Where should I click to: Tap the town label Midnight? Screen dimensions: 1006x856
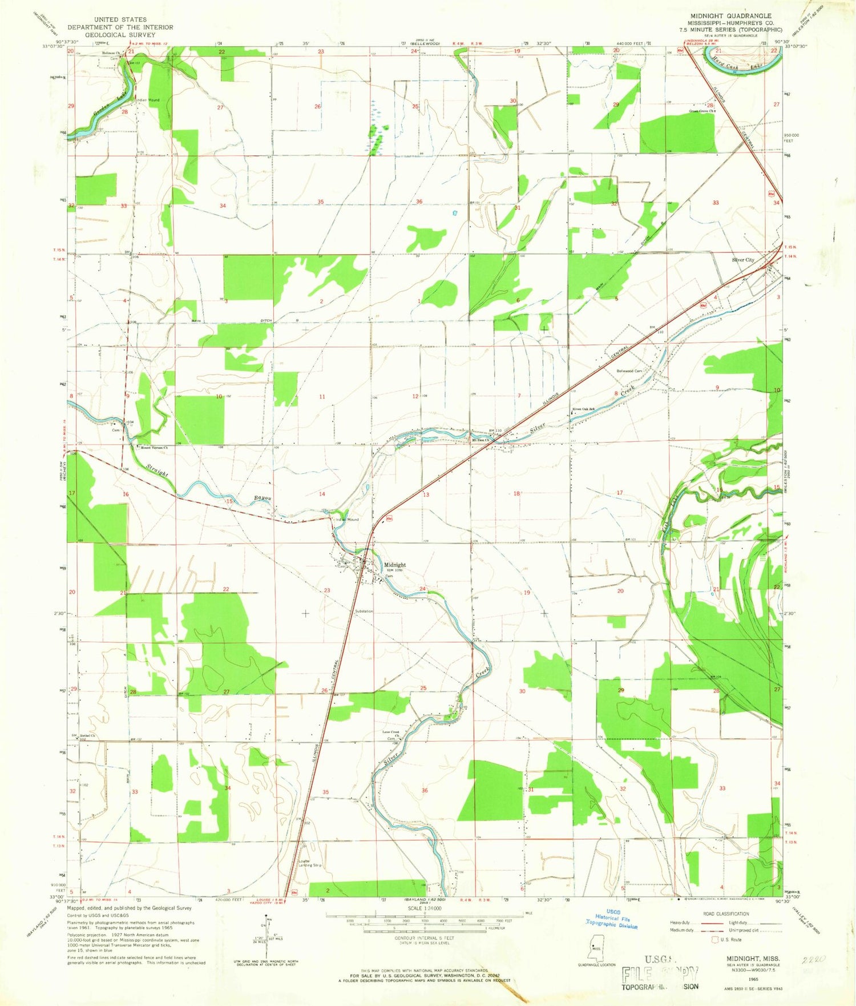coord(394,565)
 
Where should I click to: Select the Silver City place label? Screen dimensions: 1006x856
coord(743,260)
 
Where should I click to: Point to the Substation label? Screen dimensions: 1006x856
coord(364,611)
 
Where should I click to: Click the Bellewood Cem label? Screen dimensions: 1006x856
coord(629,371)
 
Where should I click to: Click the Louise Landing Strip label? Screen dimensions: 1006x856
coord(310,863)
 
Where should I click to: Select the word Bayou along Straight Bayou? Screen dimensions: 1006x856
coord(263,498)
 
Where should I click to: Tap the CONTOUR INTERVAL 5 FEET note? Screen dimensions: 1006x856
coord(425,938)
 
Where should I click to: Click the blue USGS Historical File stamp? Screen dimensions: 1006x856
coord(611,922)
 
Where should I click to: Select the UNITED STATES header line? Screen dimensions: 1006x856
coord(120,19)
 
